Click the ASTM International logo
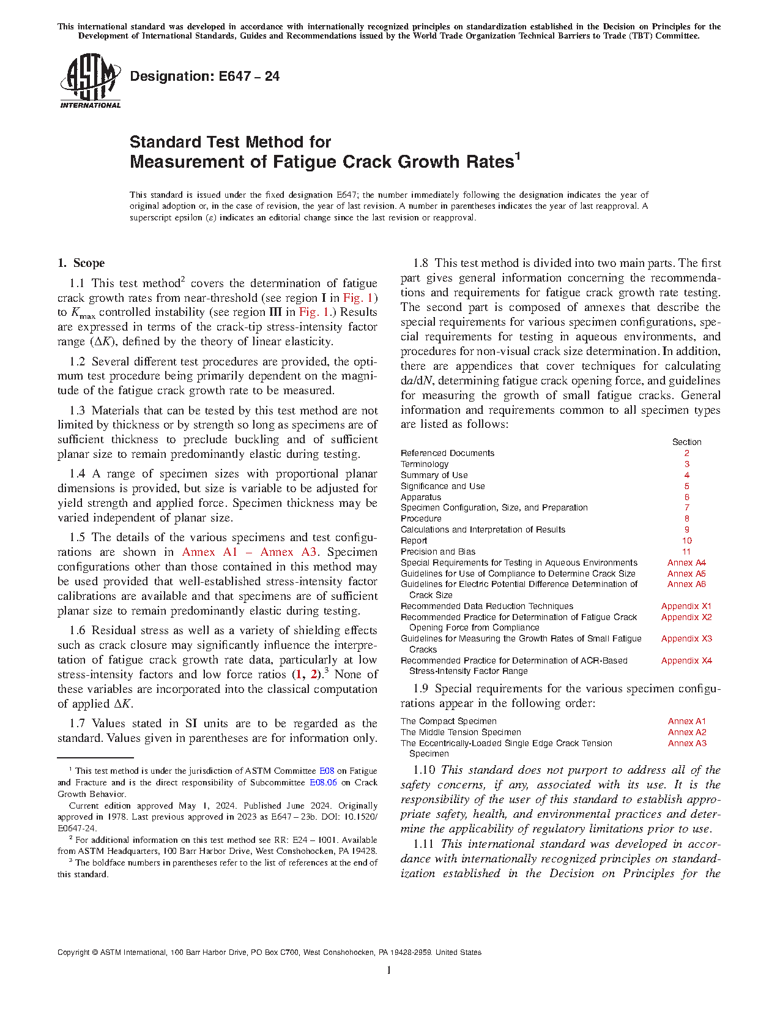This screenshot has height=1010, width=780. tap(90, 81)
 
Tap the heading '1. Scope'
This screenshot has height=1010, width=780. tap(81, 263)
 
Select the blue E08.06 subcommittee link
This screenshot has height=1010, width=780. tap(323, 782)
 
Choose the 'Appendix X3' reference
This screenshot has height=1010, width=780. tap(686, 638)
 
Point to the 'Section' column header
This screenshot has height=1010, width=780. tap(686, 442)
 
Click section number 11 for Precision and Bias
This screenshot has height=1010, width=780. tap(686, 552)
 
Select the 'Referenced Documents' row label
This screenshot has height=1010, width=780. tap(447, 453)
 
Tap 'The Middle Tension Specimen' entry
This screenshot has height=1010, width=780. tap(461, 732)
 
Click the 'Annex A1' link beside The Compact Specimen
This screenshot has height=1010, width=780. tap(686, 721)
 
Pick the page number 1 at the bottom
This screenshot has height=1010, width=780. tap(389, 970)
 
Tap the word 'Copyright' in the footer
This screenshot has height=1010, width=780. tap(73, 952)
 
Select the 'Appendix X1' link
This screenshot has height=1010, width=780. tap(686, 606)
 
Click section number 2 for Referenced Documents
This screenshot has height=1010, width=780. tap(686, 453)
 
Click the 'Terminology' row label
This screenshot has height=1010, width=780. tap(425, 464)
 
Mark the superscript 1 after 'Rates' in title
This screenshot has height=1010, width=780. tap(517, 156)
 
